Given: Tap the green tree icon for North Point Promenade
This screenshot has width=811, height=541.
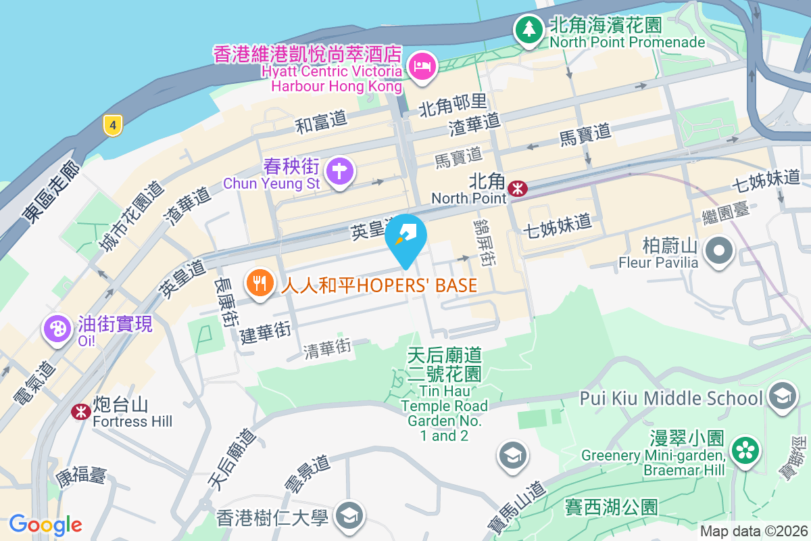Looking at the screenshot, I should click(x=528, y=31).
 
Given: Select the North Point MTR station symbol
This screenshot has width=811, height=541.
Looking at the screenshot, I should click(x=518, y=189).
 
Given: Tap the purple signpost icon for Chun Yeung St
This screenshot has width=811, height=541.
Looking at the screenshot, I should click(x=338, y=172).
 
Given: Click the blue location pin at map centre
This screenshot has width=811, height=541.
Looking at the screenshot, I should click(x=406, y=239).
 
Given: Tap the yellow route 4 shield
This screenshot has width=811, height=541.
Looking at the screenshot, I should click(x=114, y=124).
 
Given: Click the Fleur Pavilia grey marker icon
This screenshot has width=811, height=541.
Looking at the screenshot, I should click(x=719, y=252).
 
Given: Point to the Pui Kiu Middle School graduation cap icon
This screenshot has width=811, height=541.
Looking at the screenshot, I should click(x=783, y=397).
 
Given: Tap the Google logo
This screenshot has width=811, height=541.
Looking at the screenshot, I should click(x=45, y=524).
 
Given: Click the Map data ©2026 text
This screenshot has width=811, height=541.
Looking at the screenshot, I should click(x=753, y=531).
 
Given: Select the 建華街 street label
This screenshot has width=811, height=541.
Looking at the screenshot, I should click(x=265, y=333).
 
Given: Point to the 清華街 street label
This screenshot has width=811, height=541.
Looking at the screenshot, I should click(x=327, y=349).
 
